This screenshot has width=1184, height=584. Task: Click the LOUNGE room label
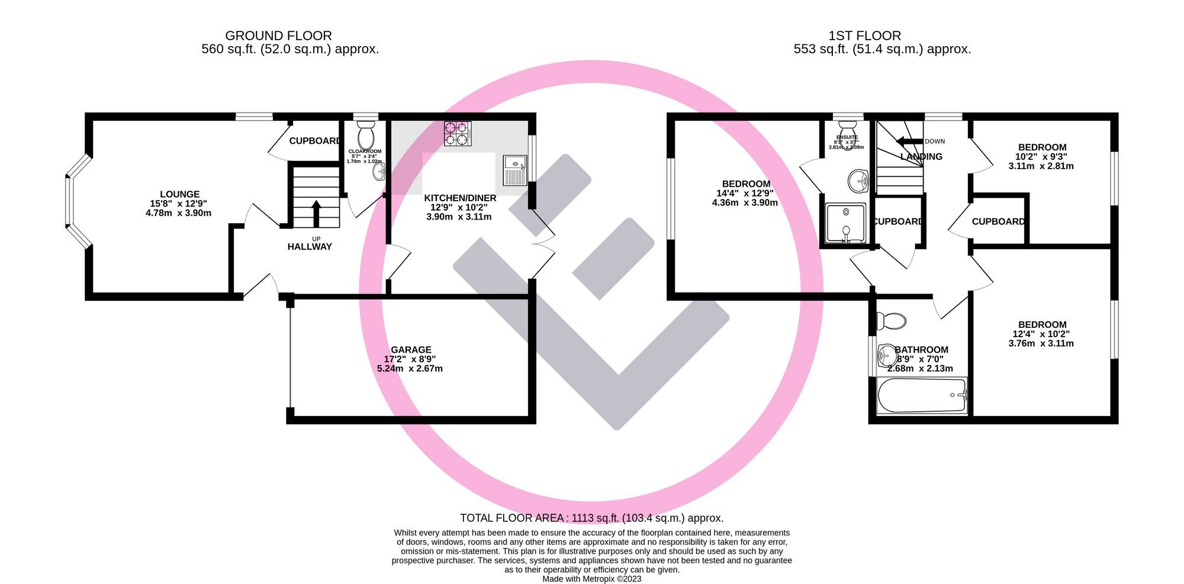[x=179, y=194]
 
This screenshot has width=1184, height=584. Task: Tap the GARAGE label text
[x=411, y=350]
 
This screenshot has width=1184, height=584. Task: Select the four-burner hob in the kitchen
[x=458, y=134]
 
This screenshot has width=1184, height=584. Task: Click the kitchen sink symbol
[x=514, y=170]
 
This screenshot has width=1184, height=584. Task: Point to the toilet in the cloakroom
[x=366, y=135]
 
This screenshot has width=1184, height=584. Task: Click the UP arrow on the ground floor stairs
[x=316, y=213]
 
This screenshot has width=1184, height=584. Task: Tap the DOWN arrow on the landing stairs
[x=910, y=141]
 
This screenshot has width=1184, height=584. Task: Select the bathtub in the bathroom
[x=921, y=396]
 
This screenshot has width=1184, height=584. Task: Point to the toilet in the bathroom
[x=892, y=321]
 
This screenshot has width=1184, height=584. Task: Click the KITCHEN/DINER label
[x=460, y=198]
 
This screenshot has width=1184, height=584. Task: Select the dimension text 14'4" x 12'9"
[x=745, y=193]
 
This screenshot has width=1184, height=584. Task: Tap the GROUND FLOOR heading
[x=278, y=36]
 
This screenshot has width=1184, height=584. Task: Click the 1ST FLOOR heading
[x=864, y=36]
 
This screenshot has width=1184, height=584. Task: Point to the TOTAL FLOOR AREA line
[x=591, y=518]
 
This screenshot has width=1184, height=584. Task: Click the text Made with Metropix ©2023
[x=591, y=579]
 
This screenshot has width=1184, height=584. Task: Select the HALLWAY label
[x=310, y=247]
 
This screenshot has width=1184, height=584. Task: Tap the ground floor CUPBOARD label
[x=314, y=141]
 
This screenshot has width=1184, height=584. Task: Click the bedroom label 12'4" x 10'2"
[x=1042, y=334]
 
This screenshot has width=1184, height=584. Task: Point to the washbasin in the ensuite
[x=857, y=180]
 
